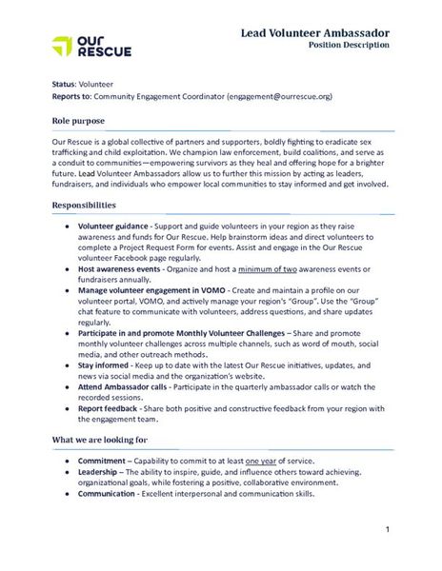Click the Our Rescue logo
pos(91,46)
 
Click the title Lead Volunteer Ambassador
pos(314,32)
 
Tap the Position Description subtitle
pos(349,46)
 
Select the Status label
pos(63,85)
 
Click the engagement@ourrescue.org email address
pos(281,96)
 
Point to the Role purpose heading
pos(78,121)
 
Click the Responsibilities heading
pos(84,205)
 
